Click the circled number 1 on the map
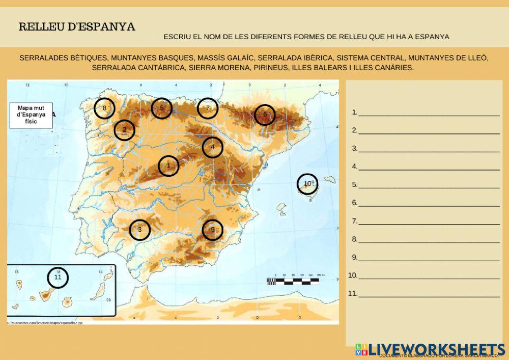168,165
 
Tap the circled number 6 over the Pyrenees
265,115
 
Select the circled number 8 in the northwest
104,108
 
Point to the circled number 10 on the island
307,184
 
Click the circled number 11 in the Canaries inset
58,278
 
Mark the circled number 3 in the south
139,230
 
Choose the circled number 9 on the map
213,230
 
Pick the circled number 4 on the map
213,148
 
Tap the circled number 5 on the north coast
161,108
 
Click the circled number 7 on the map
208,108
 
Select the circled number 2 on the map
124,130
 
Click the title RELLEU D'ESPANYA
77,27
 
